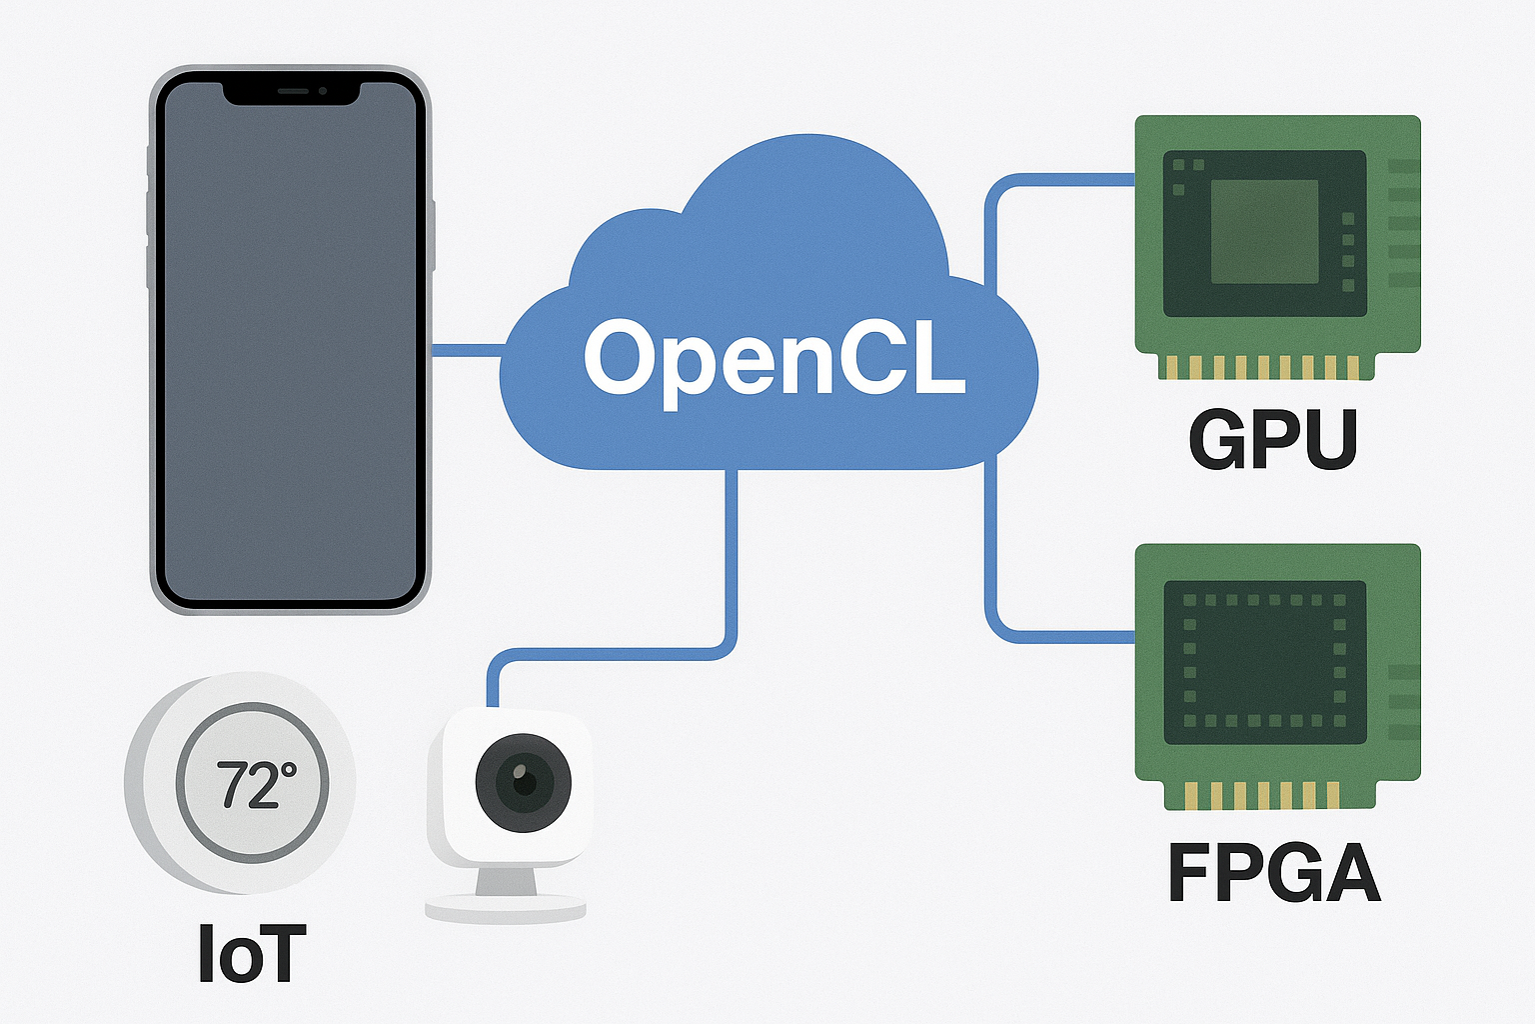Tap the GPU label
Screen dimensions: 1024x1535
point(1272,439)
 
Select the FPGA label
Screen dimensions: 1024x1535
point(1274,872)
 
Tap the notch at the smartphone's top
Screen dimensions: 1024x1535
point(290,92)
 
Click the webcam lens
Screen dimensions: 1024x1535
point(523,782)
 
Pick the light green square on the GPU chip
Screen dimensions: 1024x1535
point(1264,232)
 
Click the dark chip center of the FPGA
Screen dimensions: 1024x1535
point(1264,662)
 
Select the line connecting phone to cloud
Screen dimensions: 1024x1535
point(468,350)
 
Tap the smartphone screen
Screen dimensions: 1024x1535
point(290,350)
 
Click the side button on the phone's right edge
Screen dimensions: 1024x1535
point(434,235)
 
